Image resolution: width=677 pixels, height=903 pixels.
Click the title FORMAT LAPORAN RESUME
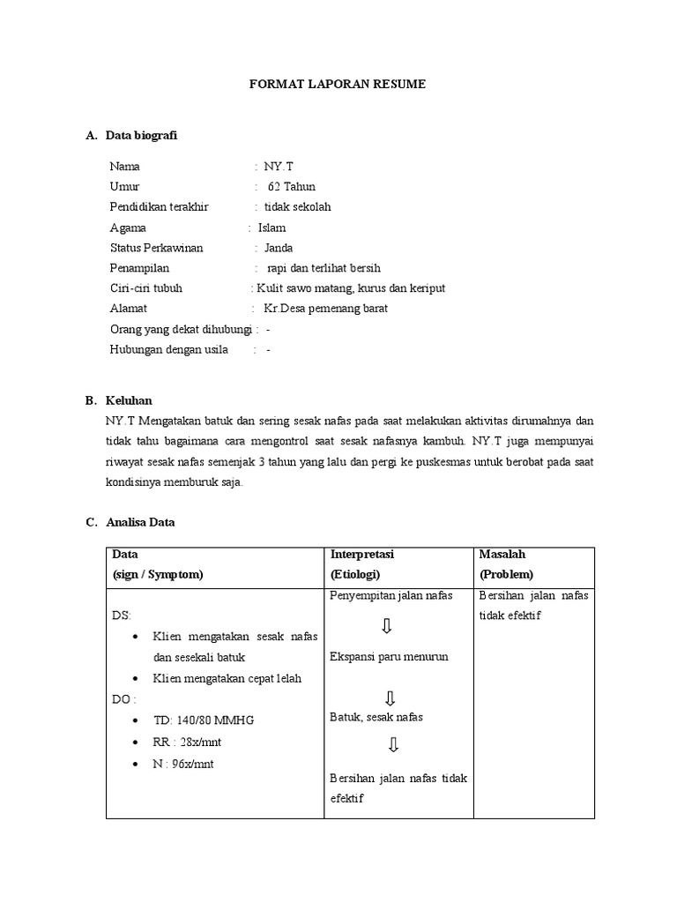(x=338, y=85)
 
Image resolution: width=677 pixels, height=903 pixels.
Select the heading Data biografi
(x=146, y=135)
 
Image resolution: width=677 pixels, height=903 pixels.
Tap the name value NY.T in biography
(x=276, y=166)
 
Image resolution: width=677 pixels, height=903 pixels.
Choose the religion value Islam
(x=272, y=228)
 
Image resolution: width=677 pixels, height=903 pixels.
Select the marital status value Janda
(x=279, y=248)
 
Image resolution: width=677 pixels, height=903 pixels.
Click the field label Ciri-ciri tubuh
(x=146, y=288)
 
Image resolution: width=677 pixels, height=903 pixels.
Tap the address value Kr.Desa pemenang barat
(x=325, y=309)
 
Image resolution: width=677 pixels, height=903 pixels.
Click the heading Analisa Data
(x=140, y=522)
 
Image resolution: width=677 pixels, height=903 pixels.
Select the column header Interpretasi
(x=361, y=555)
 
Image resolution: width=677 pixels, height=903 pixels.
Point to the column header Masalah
(x=502, y=555)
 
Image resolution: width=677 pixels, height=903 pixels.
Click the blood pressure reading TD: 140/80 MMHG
(x=203, y=720)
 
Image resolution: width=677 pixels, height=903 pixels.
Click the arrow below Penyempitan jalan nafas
(x=387, y=627)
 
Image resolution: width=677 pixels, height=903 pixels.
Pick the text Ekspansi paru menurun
(x=389, y=657)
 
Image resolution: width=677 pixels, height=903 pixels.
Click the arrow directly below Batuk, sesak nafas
(x=393, y=746)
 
